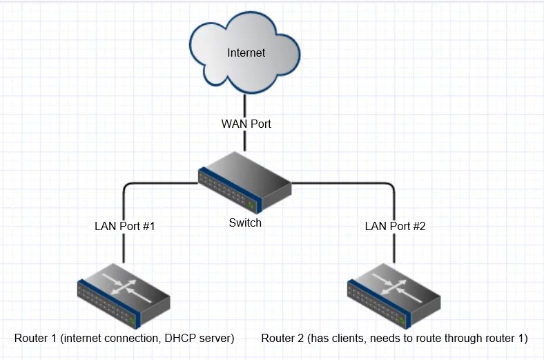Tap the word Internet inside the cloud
tap(246, 53)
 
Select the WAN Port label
tap(246, 124)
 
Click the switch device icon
tap(245, 187)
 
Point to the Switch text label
tap(245, 223)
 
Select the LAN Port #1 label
tap(124, 226)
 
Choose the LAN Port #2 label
tap(394, 226)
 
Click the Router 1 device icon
tap(124, 295)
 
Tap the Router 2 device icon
tap(394, 295)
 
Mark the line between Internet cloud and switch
tap(245, 104)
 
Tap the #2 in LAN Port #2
tap(416, 226)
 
